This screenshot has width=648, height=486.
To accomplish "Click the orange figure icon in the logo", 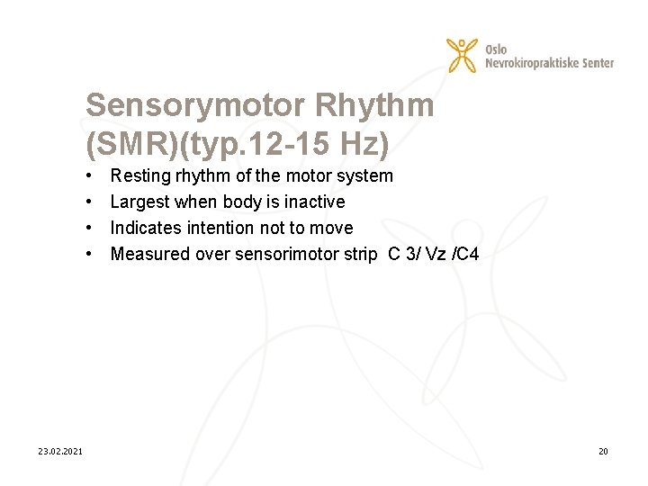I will pos(463,55).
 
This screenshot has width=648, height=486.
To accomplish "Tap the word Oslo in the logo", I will pos(496,49).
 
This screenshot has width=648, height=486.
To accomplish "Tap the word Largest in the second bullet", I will pos(139,202).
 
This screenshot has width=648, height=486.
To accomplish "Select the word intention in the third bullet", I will pos(220,229).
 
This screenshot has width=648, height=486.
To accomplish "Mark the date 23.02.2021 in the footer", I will pos(60,451).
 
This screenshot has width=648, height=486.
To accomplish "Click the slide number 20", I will pos(602,451).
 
